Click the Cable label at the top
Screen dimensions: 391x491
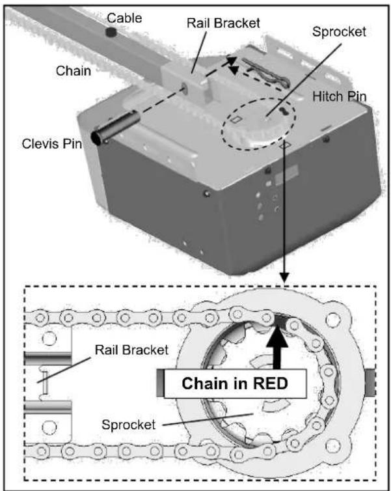click(124, 18)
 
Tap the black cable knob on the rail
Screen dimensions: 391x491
click(111, 32)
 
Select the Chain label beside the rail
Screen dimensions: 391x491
click(74, 71)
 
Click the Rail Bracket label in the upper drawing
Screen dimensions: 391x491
click(223, 23)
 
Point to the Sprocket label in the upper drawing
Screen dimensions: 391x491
click(339, 32)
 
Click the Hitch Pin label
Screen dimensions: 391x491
click(340, 96)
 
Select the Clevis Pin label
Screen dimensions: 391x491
click(52, 144)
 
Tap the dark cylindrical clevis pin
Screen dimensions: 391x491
click(115, 128)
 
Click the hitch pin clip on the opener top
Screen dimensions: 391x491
click(266, 72)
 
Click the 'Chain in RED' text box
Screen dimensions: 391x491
click(235, 384)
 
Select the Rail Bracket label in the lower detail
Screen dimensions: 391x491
click(131, 350)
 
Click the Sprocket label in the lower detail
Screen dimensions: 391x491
click(129, 425)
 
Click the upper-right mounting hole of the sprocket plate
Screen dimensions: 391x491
click(333, 320)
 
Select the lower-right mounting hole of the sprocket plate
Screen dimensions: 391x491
click(333, 446)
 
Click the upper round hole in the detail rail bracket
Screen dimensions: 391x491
click(49, 339)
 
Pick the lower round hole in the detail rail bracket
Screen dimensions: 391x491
click(49, 427)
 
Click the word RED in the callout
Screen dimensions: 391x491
click(270, 384)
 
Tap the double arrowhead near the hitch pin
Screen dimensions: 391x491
click(232, 66)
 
